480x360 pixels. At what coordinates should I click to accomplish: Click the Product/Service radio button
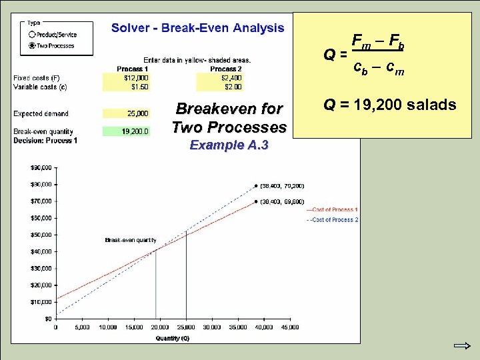(x=32, y=35)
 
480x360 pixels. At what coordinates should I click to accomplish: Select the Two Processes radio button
(x=32, y=46)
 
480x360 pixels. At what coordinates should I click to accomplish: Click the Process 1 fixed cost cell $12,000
(x=127, y=78)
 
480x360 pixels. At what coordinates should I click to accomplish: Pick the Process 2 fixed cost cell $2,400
(x=220, y=78)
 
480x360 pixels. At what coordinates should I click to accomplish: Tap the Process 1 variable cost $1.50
(x=127, y=87)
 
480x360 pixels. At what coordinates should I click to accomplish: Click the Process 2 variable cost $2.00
(x=220, y=87)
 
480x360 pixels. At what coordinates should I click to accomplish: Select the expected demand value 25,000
(x=127, y=114)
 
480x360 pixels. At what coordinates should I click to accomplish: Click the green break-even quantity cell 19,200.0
(x=127, y=132)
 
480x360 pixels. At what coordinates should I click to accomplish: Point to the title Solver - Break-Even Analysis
(x=197, y=28)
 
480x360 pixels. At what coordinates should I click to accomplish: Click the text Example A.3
(x=229, y=145)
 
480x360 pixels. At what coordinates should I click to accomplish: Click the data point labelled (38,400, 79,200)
(x=256, y=186)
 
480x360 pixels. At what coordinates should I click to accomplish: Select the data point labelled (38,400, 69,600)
(x=256, y=201)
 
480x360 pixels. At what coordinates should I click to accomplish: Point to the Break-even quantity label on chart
(x=131, y=240)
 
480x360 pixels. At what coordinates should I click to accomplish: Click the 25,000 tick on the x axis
(x=186, y=327)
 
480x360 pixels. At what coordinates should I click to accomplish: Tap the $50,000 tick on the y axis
(x=43, y=235)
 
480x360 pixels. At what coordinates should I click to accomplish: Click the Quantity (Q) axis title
(x=173, y=338)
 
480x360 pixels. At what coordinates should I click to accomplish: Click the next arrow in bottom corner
(x=461, y=347)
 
